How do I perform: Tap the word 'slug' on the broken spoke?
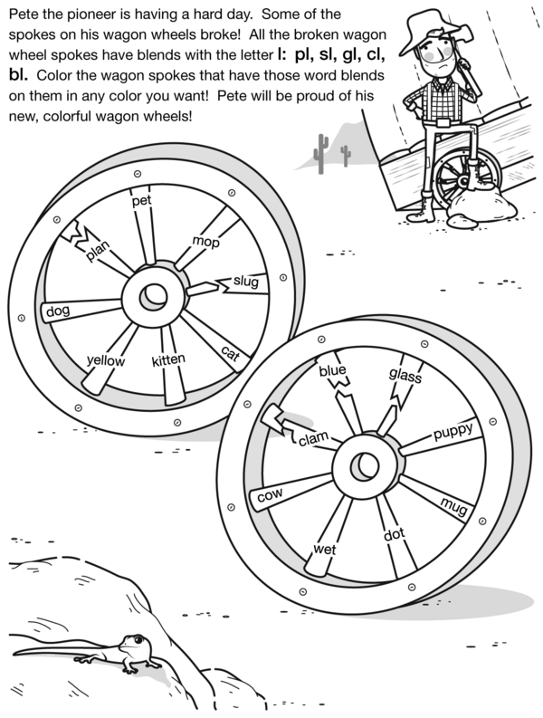tap(245, 282)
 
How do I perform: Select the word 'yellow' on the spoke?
tap(105, 360)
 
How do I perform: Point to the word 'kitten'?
tap(168, 360)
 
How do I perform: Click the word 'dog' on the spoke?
tap(57, 312)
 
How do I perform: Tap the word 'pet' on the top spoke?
tap(140, 201)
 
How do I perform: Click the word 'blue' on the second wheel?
tap(332, 370)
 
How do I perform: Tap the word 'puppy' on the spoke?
tap(452, 433)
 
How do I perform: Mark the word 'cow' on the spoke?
tap(271, 495)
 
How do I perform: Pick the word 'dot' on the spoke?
tap(393, 535)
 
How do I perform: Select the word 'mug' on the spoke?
tap(452, 505)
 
